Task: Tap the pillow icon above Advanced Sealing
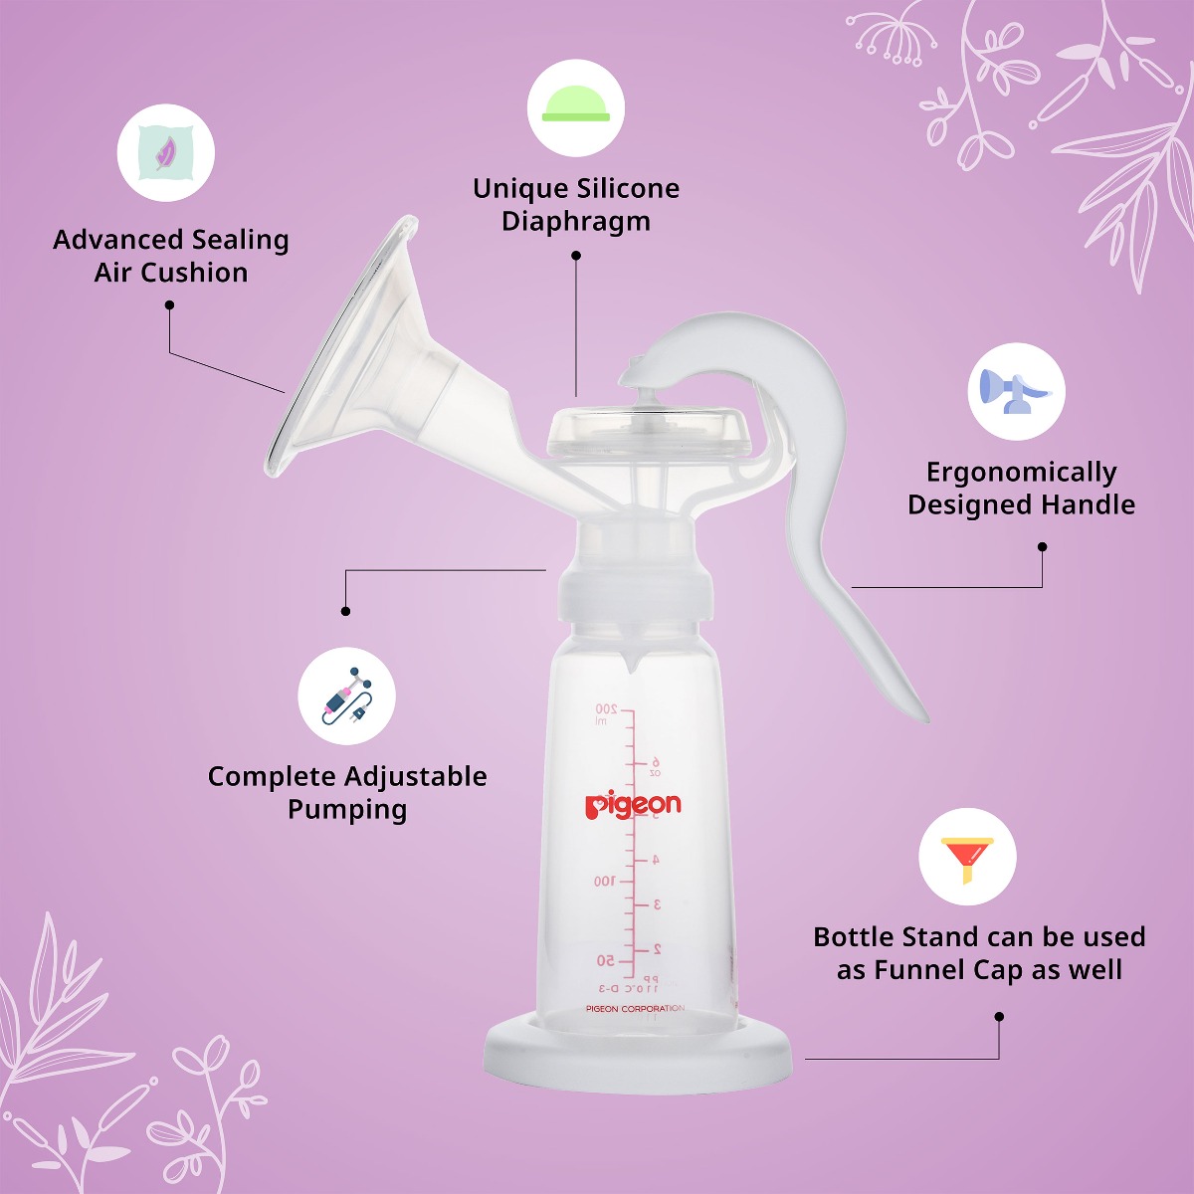165,153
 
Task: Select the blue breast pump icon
1016,392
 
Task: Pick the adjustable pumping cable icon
347,696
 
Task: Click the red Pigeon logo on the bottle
633,805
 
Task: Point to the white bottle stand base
638,1055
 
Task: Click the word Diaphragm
576,221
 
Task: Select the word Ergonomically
1021,472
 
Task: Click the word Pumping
347,809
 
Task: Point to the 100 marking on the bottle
604,882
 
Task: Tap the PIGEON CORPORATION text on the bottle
635,1009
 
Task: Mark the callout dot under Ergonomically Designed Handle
1042,546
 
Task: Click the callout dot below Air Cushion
169,305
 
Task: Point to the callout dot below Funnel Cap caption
999,1017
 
